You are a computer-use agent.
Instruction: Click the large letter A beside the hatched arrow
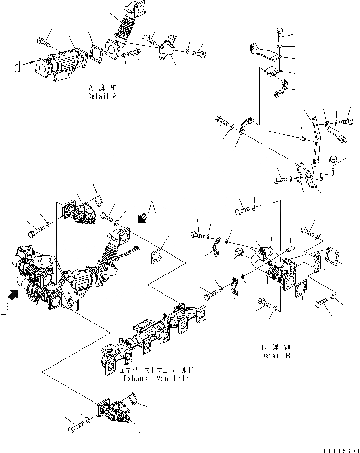[x=152, y=208]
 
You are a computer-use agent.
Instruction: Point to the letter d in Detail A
[x=18, y=68]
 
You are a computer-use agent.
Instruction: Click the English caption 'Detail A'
[x=102, y=96]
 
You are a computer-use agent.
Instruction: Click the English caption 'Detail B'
[x=276, y=356]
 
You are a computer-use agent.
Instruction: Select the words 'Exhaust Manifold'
[x=156, y=378]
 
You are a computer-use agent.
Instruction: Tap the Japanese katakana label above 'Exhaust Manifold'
[x=156, y=370]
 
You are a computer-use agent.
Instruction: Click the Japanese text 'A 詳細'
[x=102, y=88]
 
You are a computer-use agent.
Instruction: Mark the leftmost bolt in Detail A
[x=43, y=42]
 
